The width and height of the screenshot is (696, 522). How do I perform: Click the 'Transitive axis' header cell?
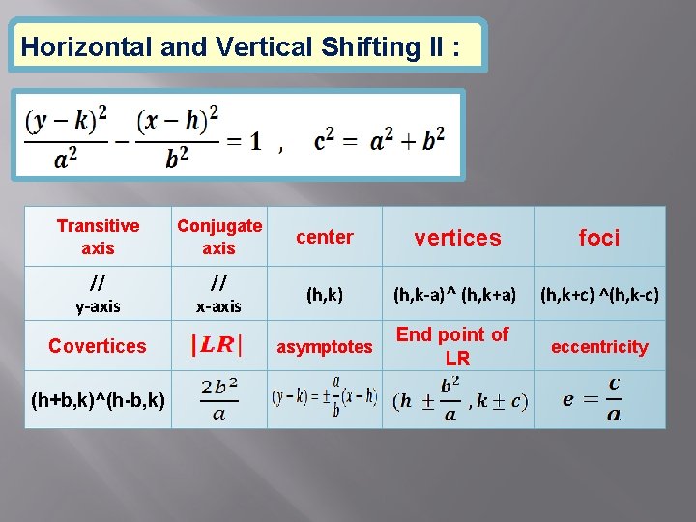pos(98,237)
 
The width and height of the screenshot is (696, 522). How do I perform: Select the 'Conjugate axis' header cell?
pos(218,237)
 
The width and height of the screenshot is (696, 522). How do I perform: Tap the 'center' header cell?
pos(324,237)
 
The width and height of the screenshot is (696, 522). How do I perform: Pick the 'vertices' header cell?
pos(457,238)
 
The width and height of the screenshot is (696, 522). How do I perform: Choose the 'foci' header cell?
pos(598,238)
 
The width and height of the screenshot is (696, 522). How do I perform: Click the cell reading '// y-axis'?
pos(98,294)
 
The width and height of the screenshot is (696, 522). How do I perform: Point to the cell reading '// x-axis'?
pos(218,294)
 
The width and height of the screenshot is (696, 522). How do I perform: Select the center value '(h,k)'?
pos(324,294)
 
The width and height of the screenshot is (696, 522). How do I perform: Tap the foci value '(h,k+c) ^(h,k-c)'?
pos(599,294)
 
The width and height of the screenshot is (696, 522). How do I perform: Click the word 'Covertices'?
pos(98,346)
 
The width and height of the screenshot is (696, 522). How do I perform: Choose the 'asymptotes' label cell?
pos(324,346)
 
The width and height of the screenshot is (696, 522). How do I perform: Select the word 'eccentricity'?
pos(599,346)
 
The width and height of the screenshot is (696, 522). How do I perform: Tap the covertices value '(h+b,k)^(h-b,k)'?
pos(98,398)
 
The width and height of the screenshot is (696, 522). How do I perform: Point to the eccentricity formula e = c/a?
pos(592,398)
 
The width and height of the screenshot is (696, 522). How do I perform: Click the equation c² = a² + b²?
pos(379,140)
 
